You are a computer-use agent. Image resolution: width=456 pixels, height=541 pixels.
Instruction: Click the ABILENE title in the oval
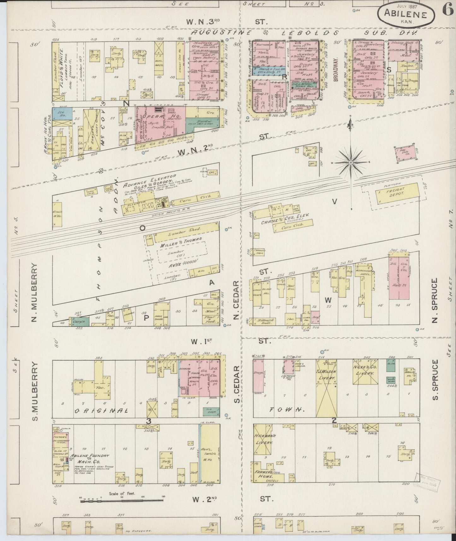tap(406, 15)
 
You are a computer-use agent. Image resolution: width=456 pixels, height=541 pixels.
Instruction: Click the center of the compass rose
tap(351, 162)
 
